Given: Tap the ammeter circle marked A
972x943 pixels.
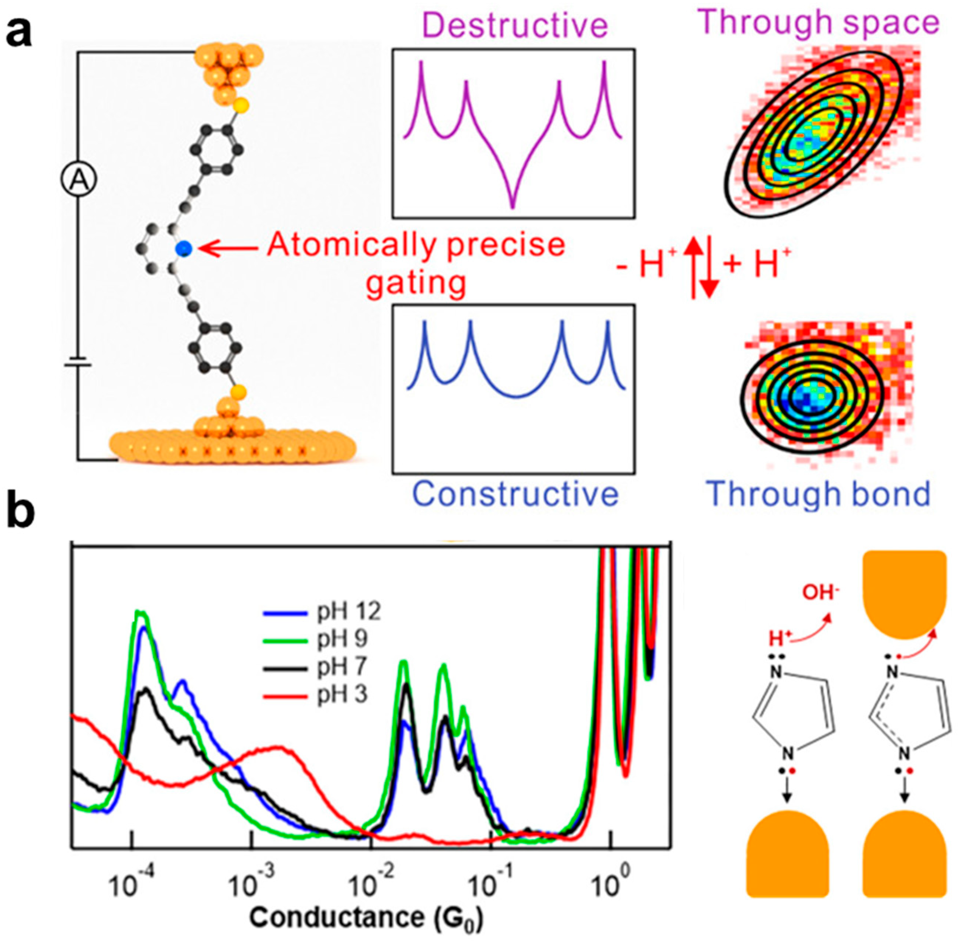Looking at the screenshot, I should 78,181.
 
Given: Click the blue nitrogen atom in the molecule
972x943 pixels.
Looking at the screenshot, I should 184,248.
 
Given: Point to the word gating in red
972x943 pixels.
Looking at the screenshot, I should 417,283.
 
